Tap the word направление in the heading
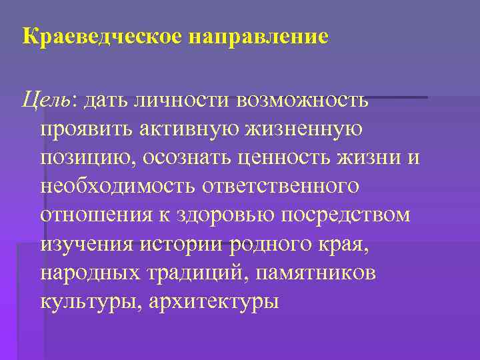pos(259,36)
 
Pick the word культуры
pos(85,301)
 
